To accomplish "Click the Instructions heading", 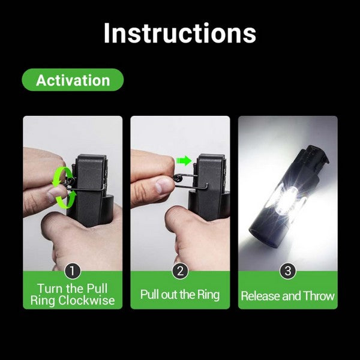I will [x=179, y=34].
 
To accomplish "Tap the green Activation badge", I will [x=73, y=80].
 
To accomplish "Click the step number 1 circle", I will [x=73, y=271].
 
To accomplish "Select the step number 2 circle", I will [x=180, y=271].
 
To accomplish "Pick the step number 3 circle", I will [x=288, y=271].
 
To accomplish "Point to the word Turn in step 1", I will [x=50, y=288].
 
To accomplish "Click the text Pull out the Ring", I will [x=180, y=295].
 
